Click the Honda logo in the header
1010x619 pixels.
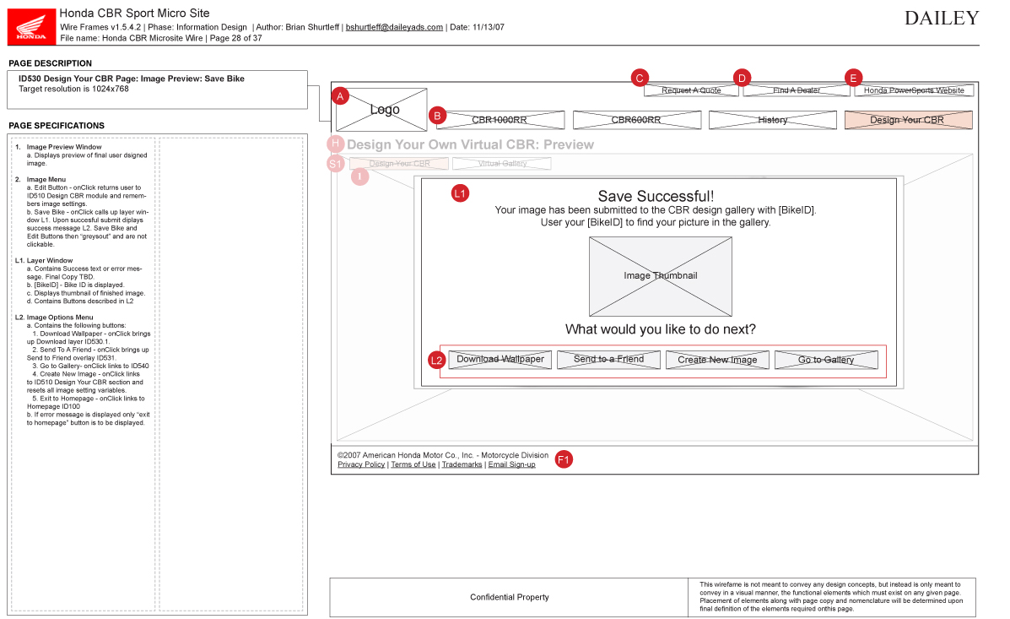(x=32, y=26)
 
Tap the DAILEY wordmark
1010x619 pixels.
(x=942, y=19)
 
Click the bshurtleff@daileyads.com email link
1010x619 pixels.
(x=394, y=27)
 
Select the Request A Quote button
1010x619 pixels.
(x=691, y=90)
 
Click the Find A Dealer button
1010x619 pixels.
(x=796, y=90)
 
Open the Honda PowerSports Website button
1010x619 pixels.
(x=914, y=90)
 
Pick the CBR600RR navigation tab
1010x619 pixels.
(x=636, y=120)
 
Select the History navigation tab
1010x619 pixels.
(x=772, y=120)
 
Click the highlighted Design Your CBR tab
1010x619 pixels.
(x=908, y=120)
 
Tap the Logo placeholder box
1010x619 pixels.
(x=385, y=110)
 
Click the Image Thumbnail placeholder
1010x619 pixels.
(x=660, y=276)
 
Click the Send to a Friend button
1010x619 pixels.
(x=608, y=360)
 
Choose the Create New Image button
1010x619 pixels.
(x=717, y=360)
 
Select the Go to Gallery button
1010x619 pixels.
(x=826, y=360)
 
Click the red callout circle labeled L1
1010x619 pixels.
(x=460, y=193)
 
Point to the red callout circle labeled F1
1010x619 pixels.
(x=564, y=459)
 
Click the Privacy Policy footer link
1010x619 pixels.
(x=361, y=464)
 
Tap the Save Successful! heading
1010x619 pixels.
(x=656, y=197)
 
